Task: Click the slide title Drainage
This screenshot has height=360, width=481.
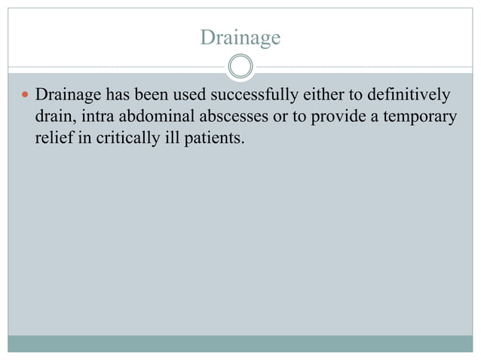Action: pyautogui.click(x=240, y=36)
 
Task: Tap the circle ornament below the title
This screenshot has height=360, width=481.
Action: pyautogui.click(x=240, y=67)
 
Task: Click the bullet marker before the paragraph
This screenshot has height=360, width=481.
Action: pyautogui.click(x=25, y=96)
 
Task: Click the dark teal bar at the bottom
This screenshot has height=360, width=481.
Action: pyautogui.click(x=240, y=343)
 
